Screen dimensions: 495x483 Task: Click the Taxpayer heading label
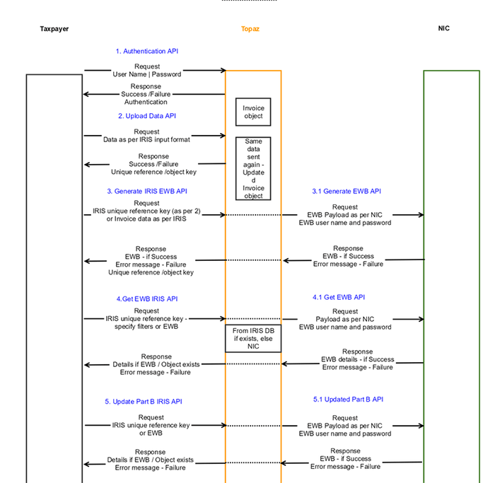coord(54,29)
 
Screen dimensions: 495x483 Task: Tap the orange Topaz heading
coord(250,29)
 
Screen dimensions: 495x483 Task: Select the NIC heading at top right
coord(443,28)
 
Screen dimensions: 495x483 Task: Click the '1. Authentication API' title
coord(147,51)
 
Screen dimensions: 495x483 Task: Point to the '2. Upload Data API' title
coord(147,116)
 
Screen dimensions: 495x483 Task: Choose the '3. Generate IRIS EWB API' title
coord(147,191)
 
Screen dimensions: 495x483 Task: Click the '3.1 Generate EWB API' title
coord(346,191)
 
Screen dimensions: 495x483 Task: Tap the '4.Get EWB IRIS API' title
coord(147,298)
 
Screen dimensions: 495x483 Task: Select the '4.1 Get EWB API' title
coord(339,297)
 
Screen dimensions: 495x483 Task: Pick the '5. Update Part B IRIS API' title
coord(144,401)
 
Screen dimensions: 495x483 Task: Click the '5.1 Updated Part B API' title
coord(348,399)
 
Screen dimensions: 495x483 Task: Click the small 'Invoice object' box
coord(253,112)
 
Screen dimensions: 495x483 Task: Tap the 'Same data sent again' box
coord(253,168)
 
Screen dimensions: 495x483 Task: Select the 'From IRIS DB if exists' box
coord(253,339)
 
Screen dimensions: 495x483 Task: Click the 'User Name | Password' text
coord(147,74)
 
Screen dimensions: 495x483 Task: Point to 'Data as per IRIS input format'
coord(146,139)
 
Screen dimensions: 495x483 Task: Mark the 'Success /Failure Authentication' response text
coord(146,98)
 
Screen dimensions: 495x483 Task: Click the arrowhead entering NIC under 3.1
coord(421,215)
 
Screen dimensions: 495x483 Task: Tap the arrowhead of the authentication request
coord(223,70)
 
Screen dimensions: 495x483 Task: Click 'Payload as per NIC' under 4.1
coord(345,319)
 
